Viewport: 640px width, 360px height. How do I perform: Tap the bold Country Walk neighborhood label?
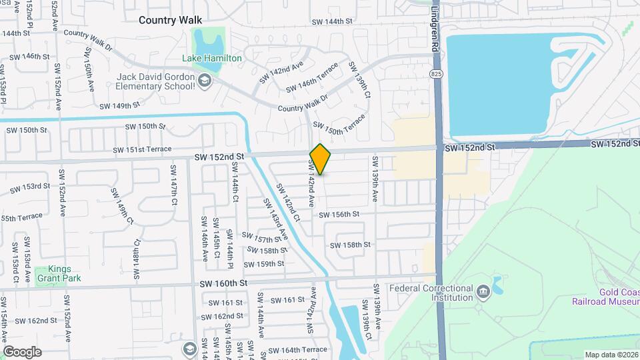point(170,20)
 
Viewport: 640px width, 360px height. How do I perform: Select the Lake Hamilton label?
point(213,59)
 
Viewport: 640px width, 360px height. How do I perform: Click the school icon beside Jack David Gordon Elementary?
point(205,81)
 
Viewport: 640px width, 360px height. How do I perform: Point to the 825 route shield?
point(436,73)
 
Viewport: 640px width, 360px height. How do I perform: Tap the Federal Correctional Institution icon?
point(482,290)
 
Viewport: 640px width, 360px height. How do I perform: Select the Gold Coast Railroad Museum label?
point(605,297)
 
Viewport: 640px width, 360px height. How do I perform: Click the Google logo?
point(23,351)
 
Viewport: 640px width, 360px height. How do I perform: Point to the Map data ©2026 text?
point(611,354)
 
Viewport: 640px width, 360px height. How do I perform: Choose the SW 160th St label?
point(223,283)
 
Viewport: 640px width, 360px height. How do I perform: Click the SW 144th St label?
point(332,21)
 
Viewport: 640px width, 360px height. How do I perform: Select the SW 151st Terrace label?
point(142,149)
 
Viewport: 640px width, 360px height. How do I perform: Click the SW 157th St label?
point(262,239)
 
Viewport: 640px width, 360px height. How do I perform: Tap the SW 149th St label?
point(119,105)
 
